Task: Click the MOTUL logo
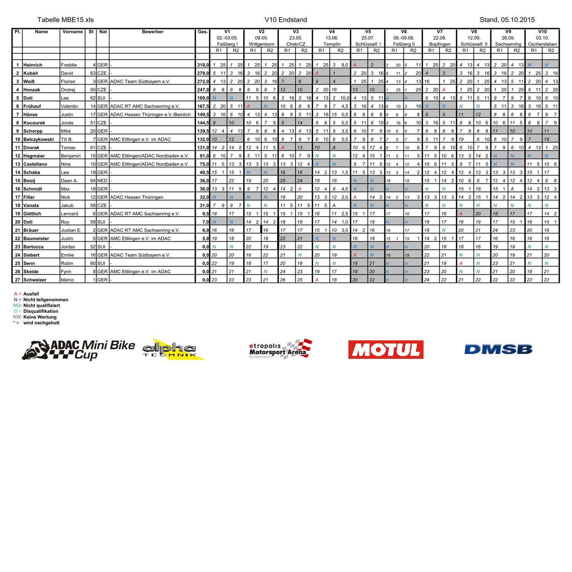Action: click(386, 349)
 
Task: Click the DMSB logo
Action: click(498, 349)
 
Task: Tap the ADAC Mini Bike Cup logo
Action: click(79, 350)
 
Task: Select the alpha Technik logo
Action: click(172, 349)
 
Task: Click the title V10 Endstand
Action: click(286, 20)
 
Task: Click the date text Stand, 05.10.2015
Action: click(507, 20)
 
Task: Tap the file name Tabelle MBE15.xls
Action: click(66, 20)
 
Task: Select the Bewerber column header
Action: click(153, 32)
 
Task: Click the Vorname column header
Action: click(72, 32)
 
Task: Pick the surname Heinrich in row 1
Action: click(33, 65)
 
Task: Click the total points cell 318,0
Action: click(203, 65)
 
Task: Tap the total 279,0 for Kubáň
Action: click(203, 73)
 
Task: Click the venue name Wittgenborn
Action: click(261, 44)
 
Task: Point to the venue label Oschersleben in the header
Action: click(542, 44)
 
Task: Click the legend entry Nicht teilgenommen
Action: click(46, 300)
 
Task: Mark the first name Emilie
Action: click(68, 255)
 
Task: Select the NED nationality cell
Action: click(102, 181)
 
